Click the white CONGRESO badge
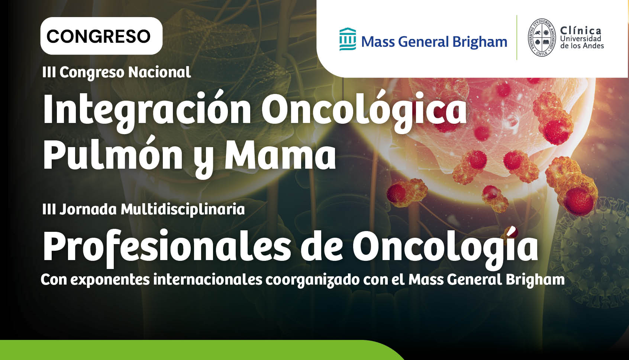101,36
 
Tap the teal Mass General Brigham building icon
348,39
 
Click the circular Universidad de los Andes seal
542,38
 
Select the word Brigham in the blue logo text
480,42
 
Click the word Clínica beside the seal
581,30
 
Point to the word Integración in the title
147,110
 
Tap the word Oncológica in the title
364,110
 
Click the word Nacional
159,72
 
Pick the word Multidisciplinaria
183,210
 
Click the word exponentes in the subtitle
110,280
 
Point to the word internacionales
207,279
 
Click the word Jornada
88,210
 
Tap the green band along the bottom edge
197,350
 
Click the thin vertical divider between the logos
517,38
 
